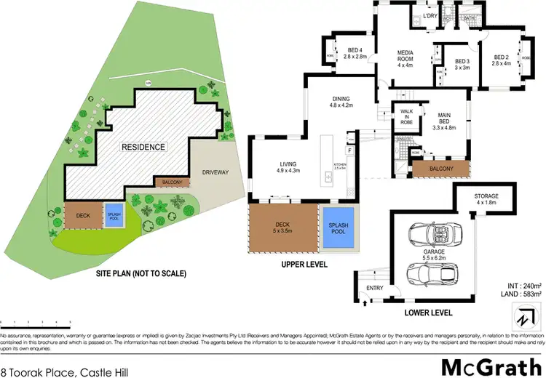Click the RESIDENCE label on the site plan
tap(143, 147)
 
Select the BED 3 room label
tap(462, 65)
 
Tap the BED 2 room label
tap(502, 60)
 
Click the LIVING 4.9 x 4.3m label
tap(285, 167)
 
